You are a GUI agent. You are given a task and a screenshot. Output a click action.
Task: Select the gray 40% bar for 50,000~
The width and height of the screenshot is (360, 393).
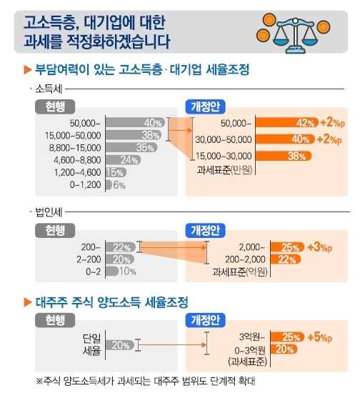click(135, 123)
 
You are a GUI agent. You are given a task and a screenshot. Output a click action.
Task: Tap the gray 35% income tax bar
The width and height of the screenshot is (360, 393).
click(131, 147)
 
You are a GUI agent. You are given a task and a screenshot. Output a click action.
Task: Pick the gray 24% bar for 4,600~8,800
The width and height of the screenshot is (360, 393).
click(124, 159)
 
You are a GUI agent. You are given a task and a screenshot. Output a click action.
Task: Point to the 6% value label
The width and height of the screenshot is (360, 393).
click(119, 185)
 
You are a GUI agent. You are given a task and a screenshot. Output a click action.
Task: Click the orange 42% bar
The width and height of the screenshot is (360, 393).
click(287, 123)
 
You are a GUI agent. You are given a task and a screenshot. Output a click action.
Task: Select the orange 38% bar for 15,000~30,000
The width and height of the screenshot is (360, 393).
click(284, 156)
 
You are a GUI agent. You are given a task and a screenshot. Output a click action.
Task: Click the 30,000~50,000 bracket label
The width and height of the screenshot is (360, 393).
click(224, 139)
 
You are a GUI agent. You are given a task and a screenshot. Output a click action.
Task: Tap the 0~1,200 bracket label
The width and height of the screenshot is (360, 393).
click(85, 185)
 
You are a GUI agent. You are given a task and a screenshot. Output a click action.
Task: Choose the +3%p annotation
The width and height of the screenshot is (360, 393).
click(320, 247)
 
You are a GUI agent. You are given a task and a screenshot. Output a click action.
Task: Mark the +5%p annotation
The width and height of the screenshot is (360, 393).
click(320, 337)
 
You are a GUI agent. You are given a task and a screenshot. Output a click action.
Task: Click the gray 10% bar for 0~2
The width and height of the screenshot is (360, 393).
click(112, 272)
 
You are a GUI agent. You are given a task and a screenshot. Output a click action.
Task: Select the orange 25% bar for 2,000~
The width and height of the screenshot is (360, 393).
click(287, 247)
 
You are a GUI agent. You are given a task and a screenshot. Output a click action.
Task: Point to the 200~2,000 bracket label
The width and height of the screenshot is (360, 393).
click(245, 259)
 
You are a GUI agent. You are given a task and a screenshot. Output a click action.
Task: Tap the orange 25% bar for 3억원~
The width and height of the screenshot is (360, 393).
click(287, 337)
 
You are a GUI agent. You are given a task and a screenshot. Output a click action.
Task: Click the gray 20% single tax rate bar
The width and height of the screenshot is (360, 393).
click(120, 345)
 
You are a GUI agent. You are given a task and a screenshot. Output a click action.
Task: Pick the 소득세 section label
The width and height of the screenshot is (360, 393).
click(49, 89)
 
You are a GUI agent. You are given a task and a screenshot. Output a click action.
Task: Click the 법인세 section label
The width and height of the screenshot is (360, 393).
click(49, 212)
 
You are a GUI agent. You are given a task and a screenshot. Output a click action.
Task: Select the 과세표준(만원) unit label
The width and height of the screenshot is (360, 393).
click(224, 170)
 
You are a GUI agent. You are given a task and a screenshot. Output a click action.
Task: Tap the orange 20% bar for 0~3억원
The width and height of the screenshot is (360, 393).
click(284, 349)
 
